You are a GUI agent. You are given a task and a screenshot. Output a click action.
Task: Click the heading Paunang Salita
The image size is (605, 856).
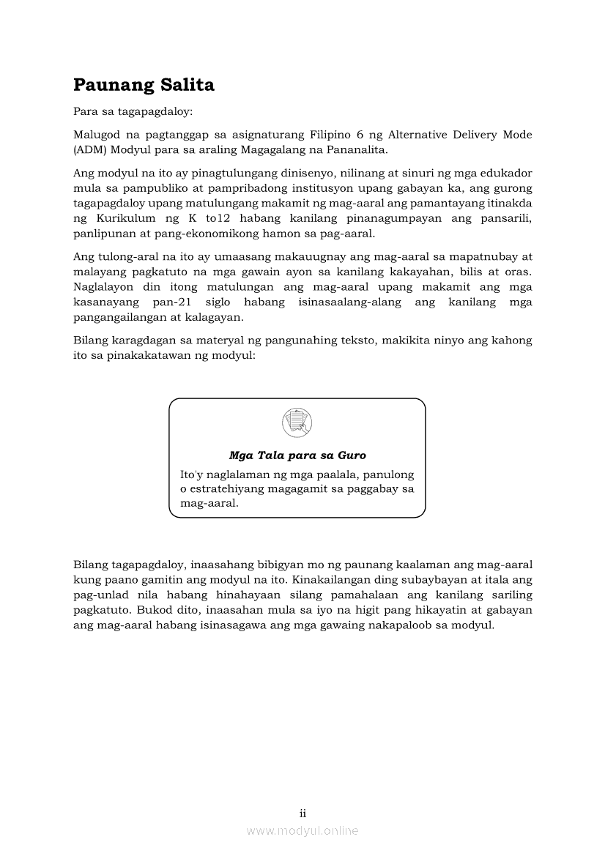coord(144,86)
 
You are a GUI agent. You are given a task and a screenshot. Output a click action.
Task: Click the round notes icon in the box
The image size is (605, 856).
coord(297,423)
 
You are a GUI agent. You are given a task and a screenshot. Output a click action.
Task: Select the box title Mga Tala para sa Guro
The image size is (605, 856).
coord(297,455)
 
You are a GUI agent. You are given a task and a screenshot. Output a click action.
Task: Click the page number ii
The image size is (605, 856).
coord(302,814)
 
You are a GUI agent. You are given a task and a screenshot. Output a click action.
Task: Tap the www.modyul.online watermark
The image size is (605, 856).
coord(302,831)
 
